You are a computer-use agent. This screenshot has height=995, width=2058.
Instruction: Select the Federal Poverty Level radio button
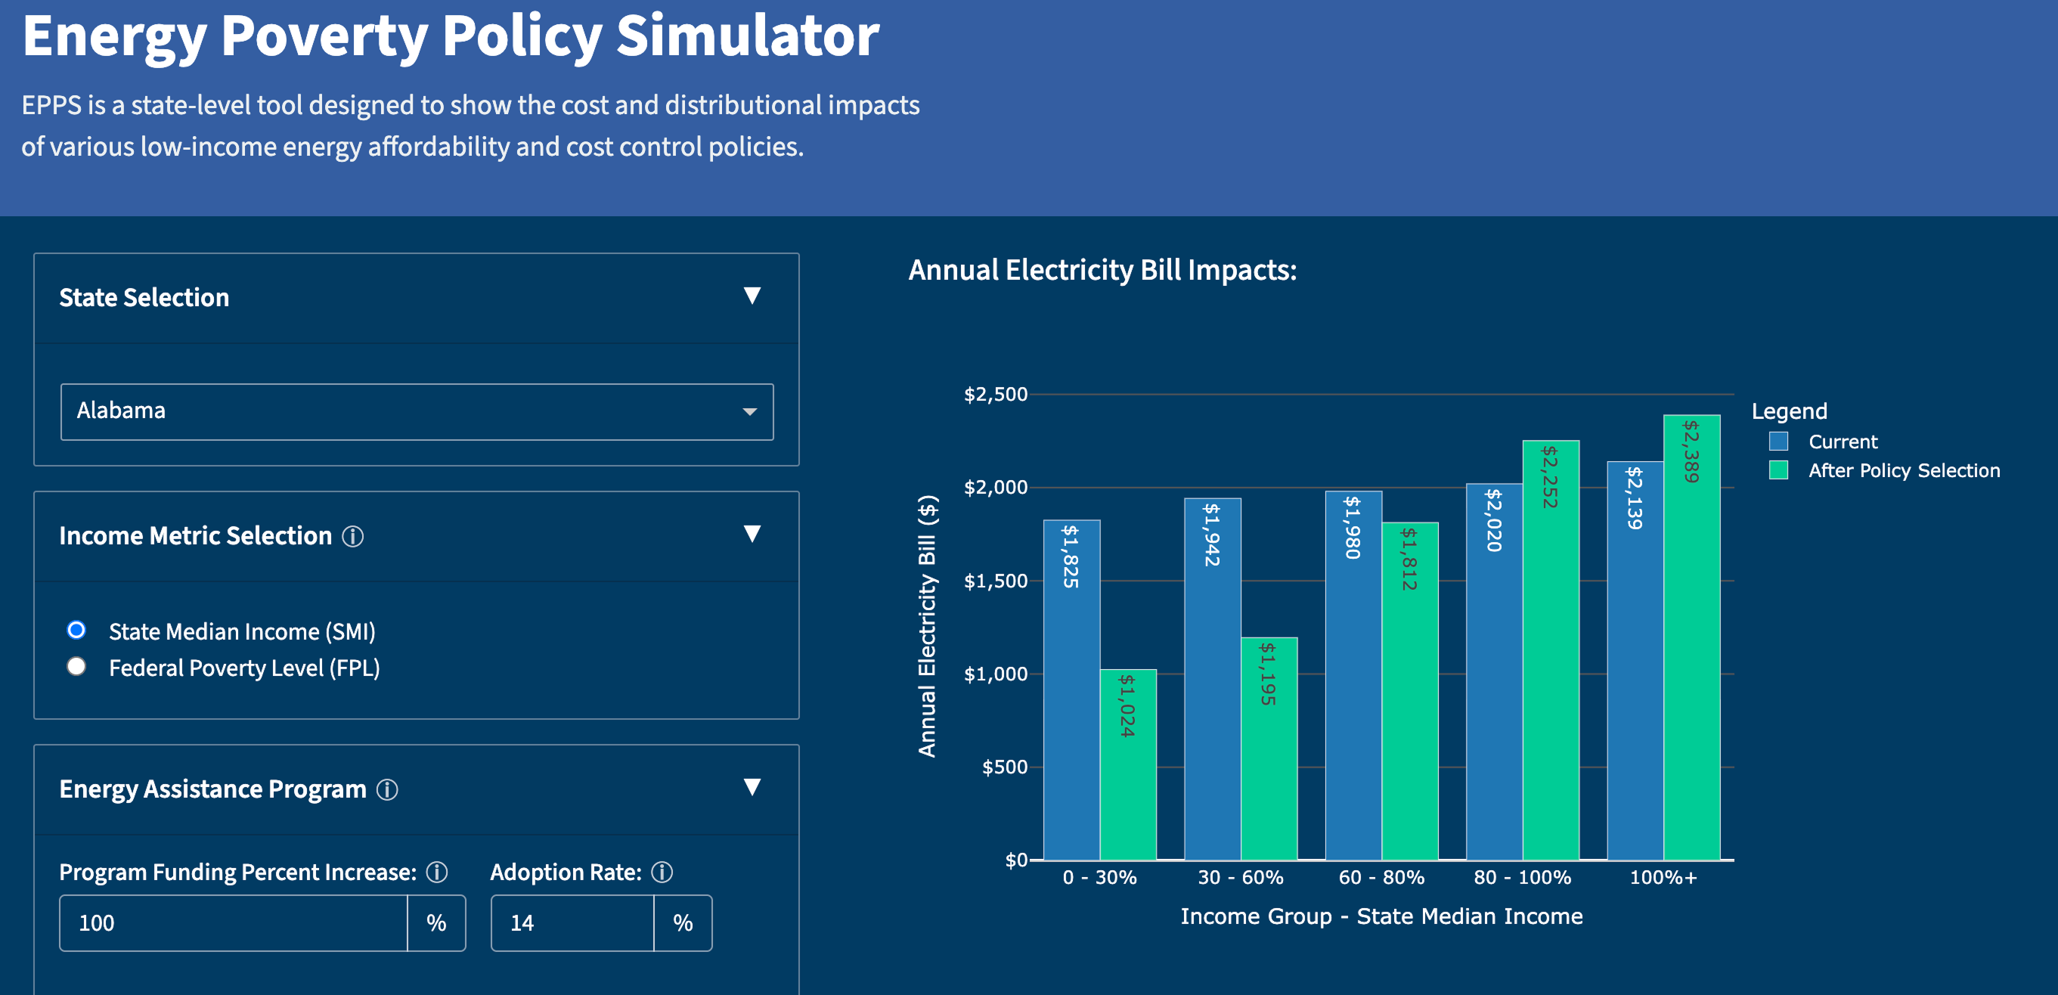pos(76,667)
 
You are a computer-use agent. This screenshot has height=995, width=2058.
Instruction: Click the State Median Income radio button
pos(76,631)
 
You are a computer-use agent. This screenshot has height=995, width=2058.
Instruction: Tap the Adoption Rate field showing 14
pos(572,923)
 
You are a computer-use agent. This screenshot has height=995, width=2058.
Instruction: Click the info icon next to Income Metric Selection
pos(353,536)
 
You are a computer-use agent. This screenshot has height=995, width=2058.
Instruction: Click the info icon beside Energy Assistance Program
pos(387,789)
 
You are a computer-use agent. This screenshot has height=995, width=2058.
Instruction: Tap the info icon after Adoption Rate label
pos(662,872)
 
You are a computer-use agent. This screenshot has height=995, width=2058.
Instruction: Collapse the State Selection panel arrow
pos(752,296)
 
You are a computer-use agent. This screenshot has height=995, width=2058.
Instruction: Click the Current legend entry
pos(1843,442)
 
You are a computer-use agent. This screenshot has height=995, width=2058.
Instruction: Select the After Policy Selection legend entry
pos(1903,471)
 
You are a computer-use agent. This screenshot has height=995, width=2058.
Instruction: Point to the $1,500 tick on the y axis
pos(996,581)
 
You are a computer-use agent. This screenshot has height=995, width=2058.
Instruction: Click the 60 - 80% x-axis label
pos(1381,878)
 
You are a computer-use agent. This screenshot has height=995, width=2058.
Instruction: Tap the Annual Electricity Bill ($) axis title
pos(927,626)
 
